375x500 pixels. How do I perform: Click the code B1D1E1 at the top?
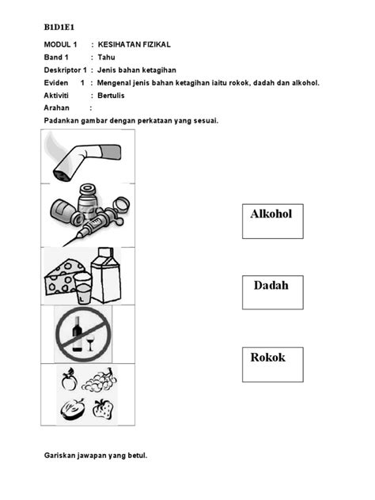click(x=59, y=28)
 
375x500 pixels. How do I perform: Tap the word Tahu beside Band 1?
click(x=106, y=58)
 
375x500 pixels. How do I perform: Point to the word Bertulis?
click(x=111, y=96)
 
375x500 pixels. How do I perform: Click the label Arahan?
click(x=56, y=108)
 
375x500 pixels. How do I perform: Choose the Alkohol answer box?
click(x=273, y=222)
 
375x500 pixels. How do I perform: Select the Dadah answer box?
click(x=273, y=293)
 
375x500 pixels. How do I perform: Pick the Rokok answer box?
click(x=273, y=365)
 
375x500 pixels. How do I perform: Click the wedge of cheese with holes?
click(x=64, y=277)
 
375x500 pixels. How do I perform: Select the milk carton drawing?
click(x=106, y=275)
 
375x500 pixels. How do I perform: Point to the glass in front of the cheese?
click(x=83, y=288)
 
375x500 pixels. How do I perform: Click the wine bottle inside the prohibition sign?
click(x=78, y=334)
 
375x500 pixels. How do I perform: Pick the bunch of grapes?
click(x=99, y=380)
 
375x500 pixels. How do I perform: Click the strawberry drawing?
click(x=103, y=409)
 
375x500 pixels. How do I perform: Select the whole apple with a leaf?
click(x=69, y=380)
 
